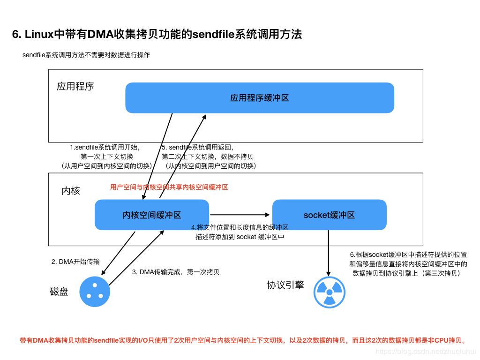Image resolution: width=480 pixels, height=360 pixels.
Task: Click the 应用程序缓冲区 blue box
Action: click(259, 98)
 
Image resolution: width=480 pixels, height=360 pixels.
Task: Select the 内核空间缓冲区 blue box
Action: click(152, 215)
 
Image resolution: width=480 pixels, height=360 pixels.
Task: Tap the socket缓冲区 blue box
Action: click(329, 215)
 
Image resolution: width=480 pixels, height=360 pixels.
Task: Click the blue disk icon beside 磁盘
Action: click(95, 292)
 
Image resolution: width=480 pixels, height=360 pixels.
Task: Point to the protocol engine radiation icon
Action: click(329, 292)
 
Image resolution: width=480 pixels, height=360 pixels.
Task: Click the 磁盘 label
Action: click(59, 292)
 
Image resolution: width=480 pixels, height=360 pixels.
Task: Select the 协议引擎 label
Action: click(285, 285)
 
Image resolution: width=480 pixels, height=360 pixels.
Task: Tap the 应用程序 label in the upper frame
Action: click(75, 86)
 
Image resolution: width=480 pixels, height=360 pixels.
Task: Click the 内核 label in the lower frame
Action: click(71, 191)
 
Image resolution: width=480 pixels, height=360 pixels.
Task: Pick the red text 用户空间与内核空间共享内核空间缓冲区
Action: click(169, 187)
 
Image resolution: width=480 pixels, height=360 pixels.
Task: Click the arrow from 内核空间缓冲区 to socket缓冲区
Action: click(240, 215)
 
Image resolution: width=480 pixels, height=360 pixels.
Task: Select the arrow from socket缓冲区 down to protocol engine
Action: click(328, 253)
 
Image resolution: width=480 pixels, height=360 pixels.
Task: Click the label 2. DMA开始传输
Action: click(75, 262)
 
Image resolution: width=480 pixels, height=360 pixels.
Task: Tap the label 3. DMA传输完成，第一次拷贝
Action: click(176, 271)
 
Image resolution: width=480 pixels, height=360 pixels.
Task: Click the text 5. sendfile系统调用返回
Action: click(197, 147)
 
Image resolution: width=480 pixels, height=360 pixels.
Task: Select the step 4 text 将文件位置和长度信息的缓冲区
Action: click(240, 227)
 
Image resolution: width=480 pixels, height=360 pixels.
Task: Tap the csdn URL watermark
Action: click(426, 351)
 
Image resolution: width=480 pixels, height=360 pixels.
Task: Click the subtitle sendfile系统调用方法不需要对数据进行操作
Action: click(86, 55)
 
